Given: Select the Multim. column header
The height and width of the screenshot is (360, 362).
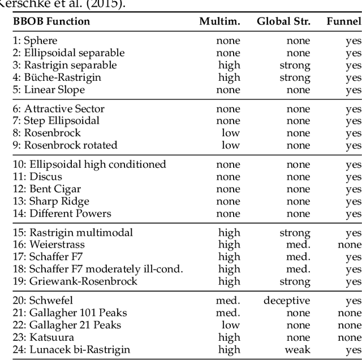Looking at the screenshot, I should [x=219, y=21].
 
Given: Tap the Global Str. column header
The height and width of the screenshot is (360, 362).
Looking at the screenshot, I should [x=283, y=21].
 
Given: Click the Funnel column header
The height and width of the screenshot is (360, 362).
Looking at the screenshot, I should [x=344, y=21].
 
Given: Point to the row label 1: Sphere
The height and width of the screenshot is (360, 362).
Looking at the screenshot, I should [x=35, y=41].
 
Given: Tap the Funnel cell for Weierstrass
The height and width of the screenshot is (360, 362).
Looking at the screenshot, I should [x=350, y=245].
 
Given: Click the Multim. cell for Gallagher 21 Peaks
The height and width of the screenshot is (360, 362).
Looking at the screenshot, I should [x=231, y=325].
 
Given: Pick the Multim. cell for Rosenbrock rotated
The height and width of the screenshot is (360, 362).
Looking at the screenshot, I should [x=231, y=145].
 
